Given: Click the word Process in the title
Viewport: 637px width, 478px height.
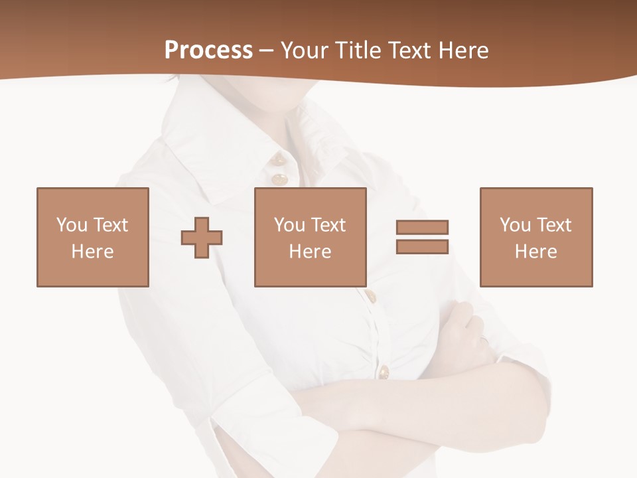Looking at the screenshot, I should click(208, 50).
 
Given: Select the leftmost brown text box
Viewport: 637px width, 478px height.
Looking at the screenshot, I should click(92, 237).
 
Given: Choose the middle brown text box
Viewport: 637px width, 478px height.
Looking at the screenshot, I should click(310, 237).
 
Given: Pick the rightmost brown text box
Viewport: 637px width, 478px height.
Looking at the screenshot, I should click(535, 237).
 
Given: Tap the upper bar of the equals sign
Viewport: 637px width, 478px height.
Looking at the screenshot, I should click(422, 227).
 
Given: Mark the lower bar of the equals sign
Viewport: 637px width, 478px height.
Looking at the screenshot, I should click(422, 247).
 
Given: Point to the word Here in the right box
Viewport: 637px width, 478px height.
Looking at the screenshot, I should click(535, 252).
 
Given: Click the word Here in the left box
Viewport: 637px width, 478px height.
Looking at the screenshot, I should click(92, 252).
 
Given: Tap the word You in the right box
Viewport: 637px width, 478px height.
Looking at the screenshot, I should click(515, 225).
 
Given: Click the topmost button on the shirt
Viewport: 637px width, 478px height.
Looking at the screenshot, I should click(279, 159).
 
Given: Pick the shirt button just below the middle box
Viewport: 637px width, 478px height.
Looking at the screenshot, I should click(371, 295).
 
